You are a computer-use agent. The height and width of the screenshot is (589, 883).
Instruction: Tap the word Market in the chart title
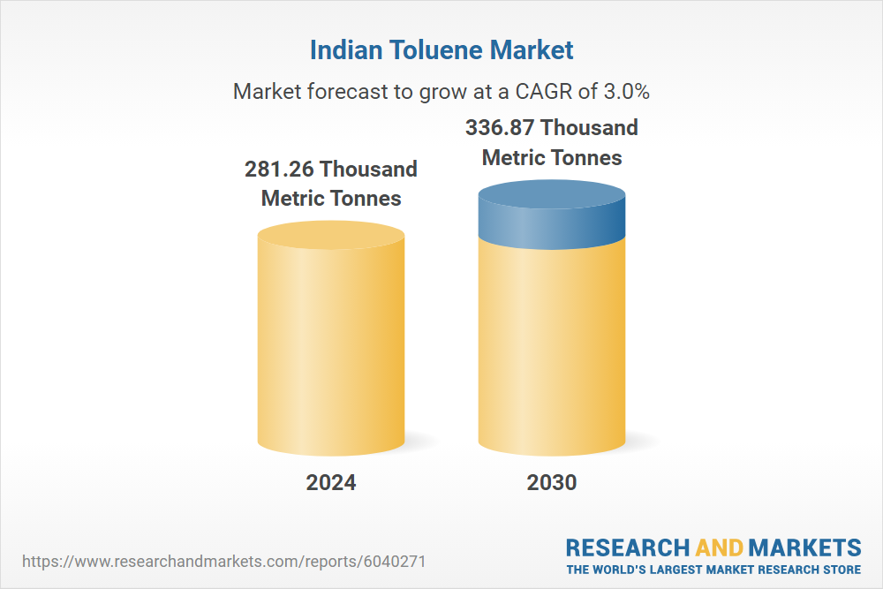click(x=533, y=50)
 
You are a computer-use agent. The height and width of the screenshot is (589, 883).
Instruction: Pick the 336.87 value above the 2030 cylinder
click(x=501, y=128)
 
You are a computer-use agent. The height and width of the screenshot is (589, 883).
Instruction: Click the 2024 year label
click(x=331, y=482)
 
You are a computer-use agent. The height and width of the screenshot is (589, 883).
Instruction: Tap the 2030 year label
click(x=552, y=482)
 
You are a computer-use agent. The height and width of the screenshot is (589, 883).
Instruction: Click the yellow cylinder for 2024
click(x=331, y=344)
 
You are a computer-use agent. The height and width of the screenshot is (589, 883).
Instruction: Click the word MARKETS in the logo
click(x=805, y=547)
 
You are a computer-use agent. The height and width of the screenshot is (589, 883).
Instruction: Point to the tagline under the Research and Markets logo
click(x=713, y=570)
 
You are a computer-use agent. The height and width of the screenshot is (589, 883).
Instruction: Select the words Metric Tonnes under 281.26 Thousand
click(x=331, y=199)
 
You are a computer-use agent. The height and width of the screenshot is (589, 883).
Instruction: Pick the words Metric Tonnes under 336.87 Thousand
click(x=552, y=158)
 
